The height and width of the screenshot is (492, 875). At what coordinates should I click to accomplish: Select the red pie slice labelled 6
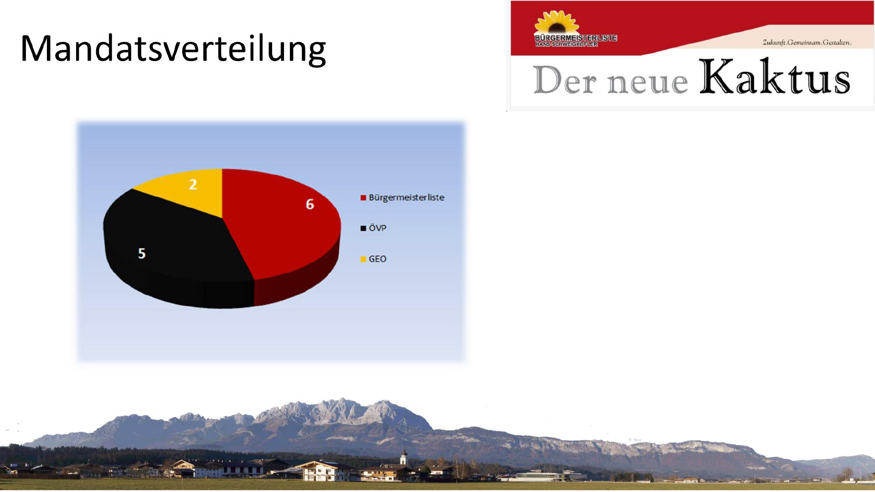tap(278, 223)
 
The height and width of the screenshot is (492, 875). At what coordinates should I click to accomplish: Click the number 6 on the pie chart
tap(310, 204)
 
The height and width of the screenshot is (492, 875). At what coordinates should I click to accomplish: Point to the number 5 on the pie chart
tap(142, 253)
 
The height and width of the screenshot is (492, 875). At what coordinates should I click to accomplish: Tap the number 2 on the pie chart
tap(193, 184)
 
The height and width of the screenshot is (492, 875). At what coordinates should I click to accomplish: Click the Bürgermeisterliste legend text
tap(407, 198)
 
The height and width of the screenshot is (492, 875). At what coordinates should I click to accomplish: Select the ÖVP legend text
tap(377, 228)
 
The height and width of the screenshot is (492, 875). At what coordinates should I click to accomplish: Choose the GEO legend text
tap(377, 259)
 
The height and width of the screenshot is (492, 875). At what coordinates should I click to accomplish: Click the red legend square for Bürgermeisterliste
tap(363, 198)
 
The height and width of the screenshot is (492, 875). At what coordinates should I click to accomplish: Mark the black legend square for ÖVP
tap(363, 228)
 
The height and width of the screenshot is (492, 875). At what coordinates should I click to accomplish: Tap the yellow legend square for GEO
tap(363, 259)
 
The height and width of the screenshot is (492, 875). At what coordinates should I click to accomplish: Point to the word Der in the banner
tap(565, 80)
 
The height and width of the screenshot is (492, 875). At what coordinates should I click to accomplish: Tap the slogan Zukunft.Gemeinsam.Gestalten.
tap(807, 42)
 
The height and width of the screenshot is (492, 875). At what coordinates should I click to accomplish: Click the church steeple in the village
tap(403, 456)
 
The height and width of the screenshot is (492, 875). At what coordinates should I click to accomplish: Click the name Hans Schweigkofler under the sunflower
tap(566, 44)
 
